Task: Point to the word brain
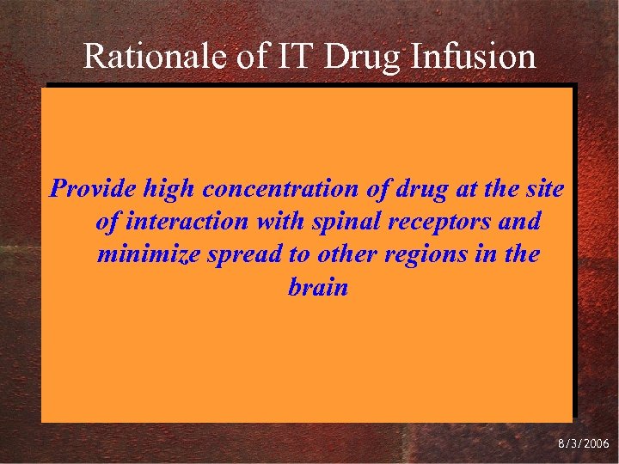(x=318, y=288)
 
